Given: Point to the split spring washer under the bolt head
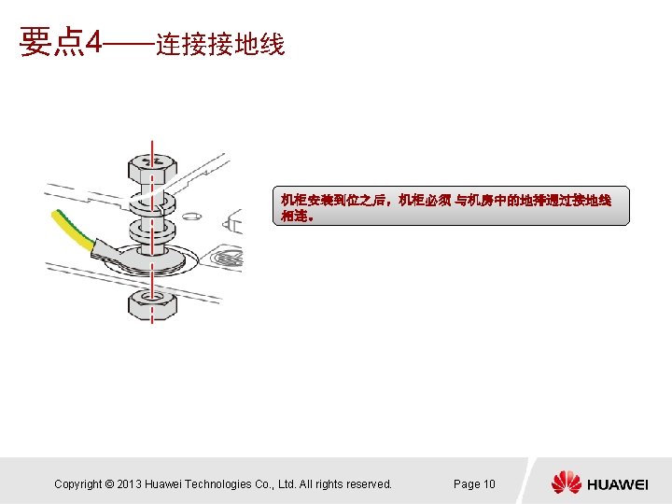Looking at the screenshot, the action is [150, 200].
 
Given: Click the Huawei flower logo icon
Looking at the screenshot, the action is [566, 483].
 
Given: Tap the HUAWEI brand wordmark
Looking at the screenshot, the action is [618, 484].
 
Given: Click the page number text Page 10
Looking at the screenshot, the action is [474, 484].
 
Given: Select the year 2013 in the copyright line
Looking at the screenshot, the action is [130, 484].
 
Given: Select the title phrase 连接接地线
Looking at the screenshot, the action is [220, 44].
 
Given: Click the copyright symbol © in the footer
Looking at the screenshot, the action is [109, 484].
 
